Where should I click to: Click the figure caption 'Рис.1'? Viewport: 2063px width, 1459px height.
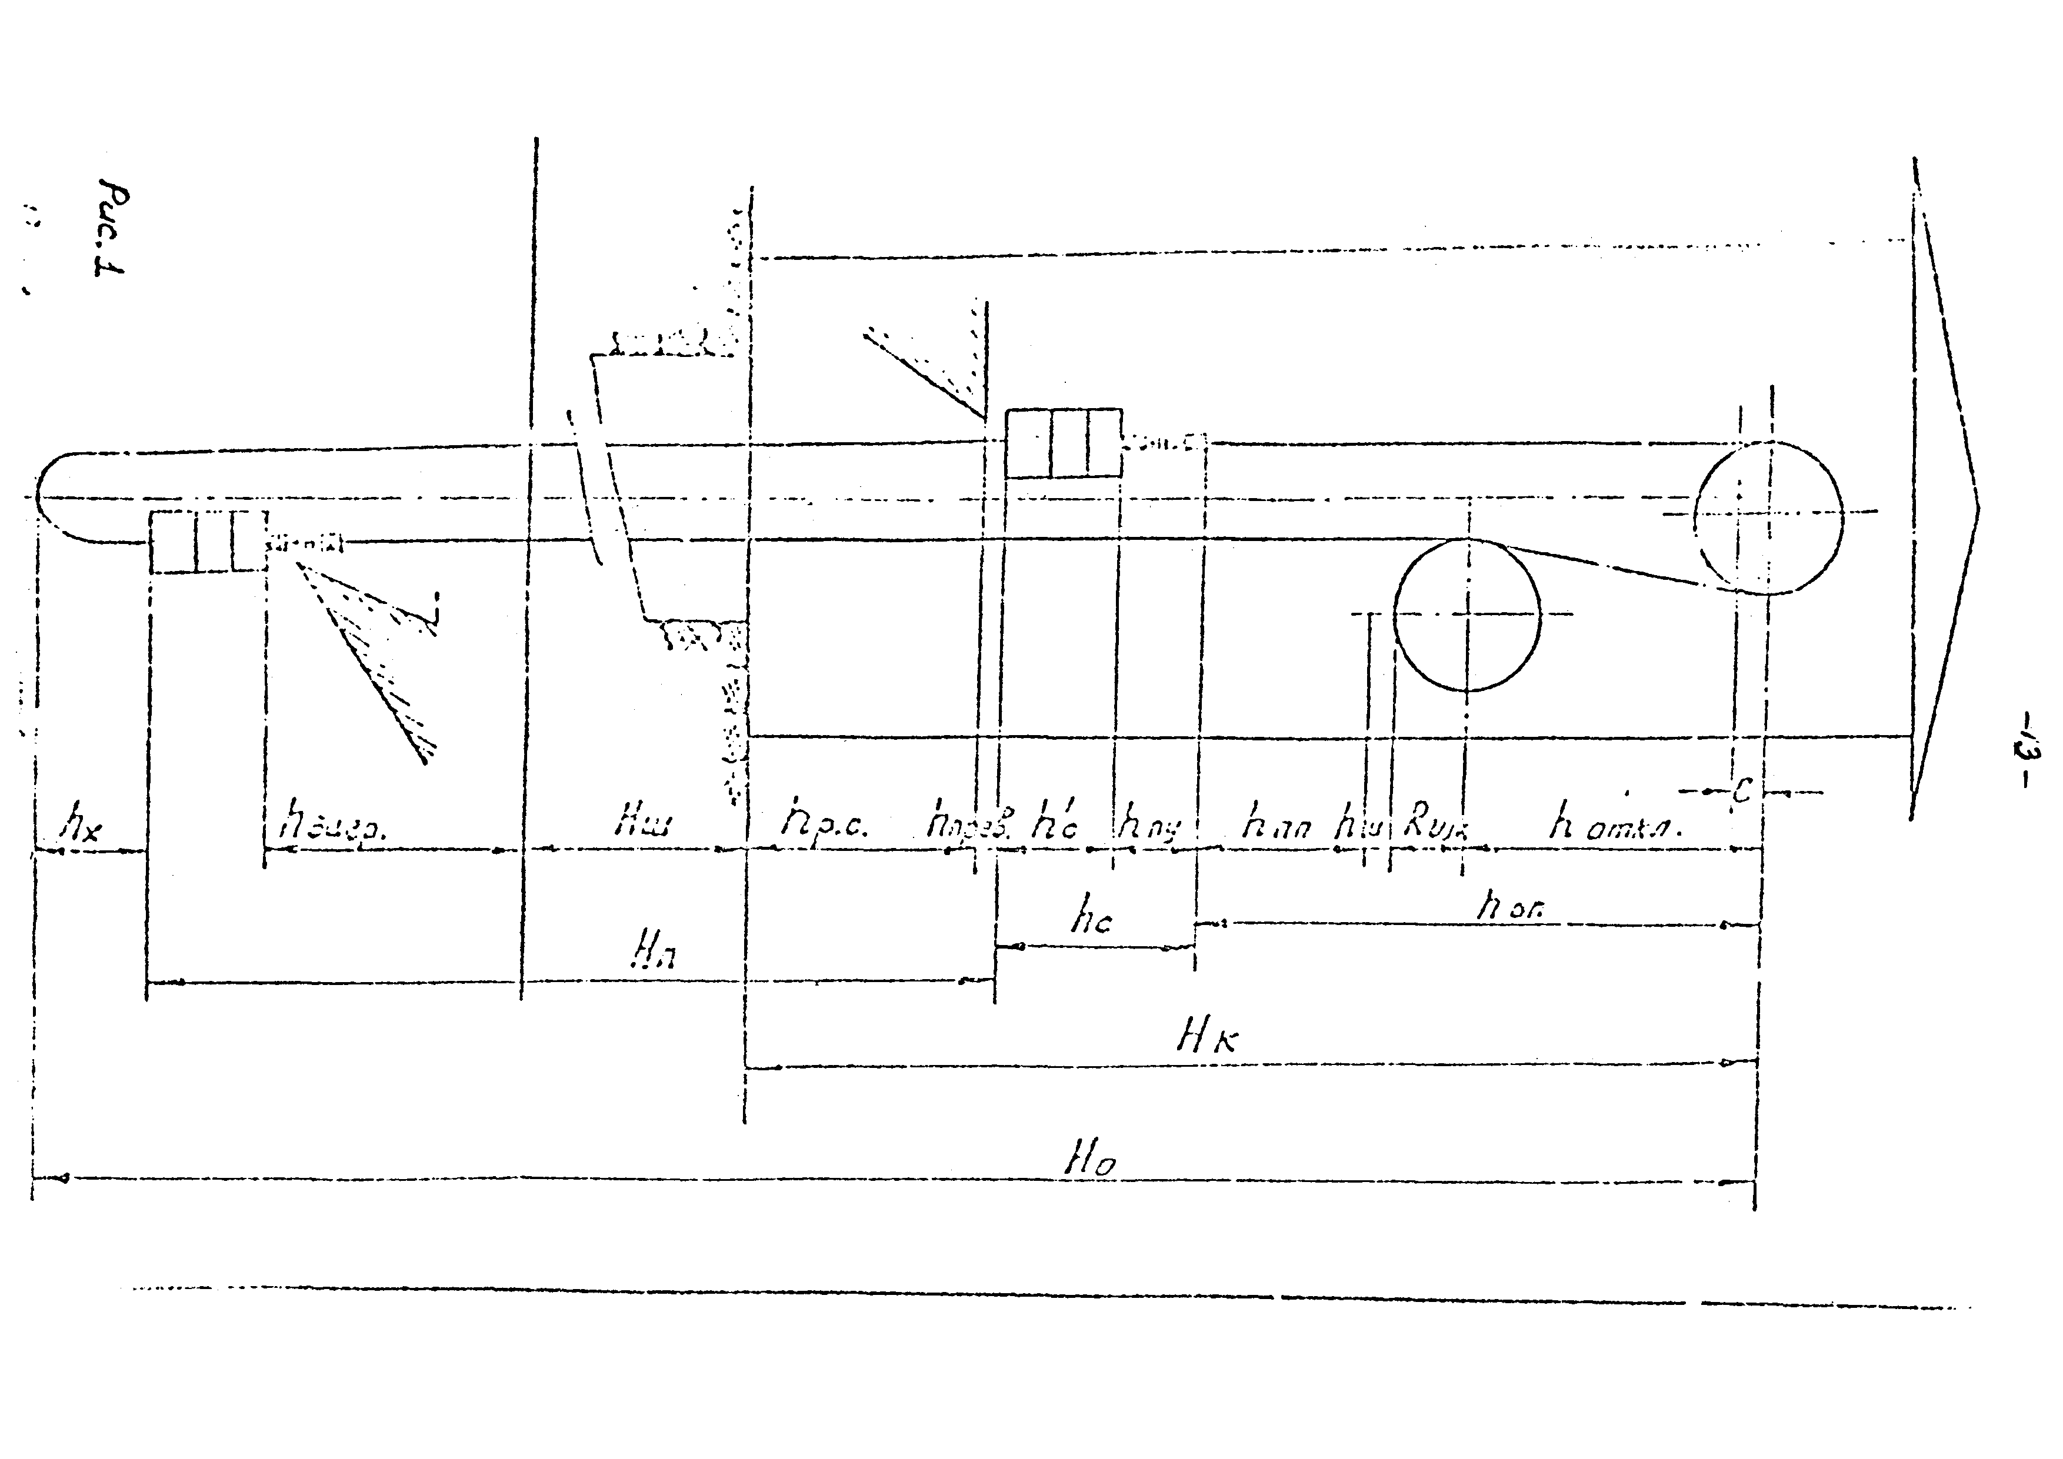(112, 230)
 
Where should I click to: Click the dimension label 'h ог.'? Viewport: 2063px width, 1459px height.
(1509, 907)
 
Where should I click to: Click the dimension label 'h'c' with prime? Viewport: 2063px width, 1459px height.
(1053, 823)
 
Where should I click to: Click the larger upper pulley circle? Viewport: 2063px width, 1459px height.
(1767, 516)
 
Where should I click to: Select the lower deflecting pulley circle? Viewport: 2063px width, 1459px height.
(1467, 615)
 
